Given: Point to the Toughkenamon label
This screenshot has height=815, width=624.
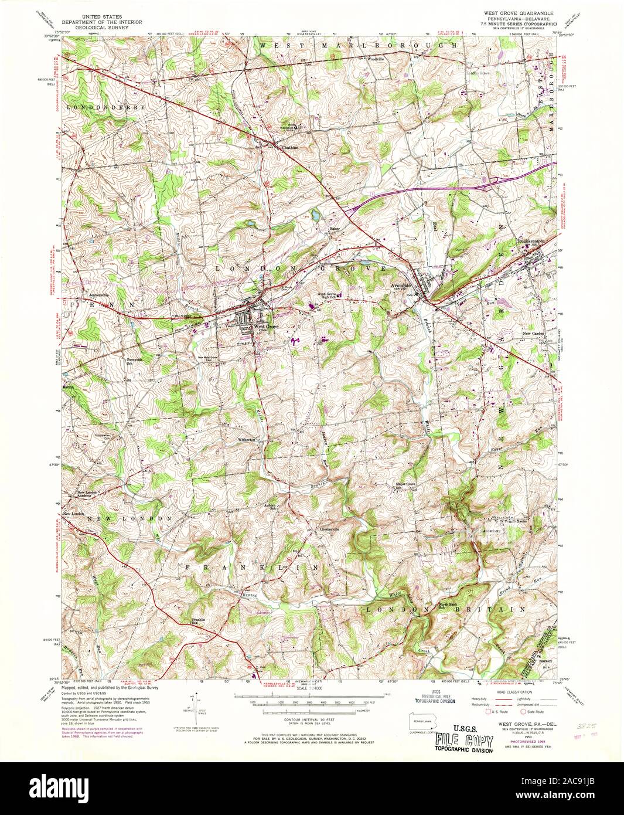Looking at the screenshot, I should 531,240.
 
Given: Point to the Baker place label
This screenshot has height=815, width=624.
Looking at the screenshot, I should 335,228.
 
